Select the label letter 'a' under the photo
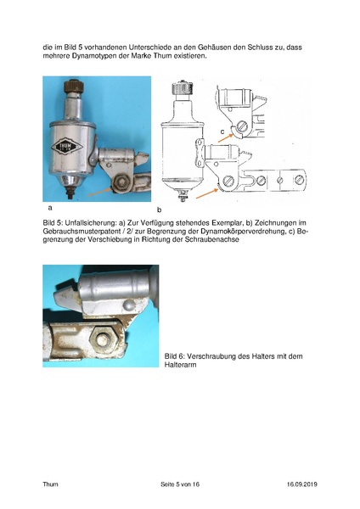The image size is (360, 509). pos(50,207)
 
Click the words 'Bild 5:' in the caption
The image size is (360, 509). pos(53,220)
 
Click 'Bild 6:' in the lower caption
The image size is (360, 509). pos(176,355)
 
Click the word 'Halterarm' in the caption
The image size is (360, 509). pos(182,365)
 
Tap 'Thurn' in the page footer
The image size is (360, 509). pos(51,484)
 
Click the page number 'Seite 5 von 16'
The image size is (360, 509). pos(179,484)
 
